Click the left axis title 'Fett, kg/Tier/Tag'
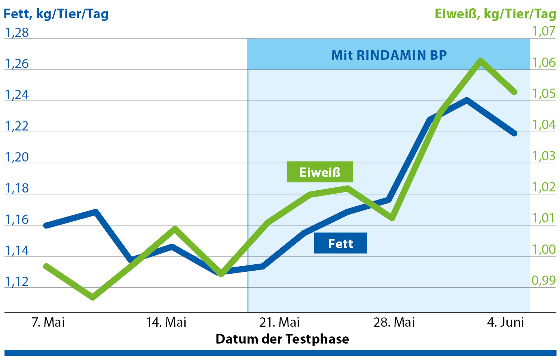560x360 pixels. click(x=56, y=14)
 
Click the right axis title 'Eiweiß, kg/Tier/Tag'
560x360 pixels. click(x=495, y=14)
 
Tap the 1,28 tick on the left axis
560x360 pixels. click(x=17, y=33)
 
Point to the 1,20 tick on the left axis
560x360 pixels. click(x=17, y=157)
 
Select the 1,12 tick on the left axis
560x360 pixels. click(x=17, y=281)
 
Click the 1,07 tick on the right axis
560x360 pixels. click(x=544, y=31)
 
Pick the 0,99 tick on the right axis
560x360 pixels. click(x=544, y=280)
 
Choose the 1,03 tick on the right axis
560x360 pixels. click(x=544, y=156)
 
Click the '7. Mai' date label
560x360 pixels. click(x=48, y=322)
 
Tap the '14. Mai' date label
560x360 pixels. click(x=166, y=322)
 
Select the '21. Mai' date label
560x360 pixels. click(x=279, y=322)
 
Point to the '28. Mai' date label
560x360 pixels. click(x=394, y=322)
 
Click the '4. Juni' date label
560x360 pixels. click(x=505, y=322)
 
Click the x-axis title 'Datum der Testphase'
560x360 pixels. click(x=282, y=339)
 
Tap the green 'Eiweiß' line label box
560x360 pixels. click(x=320, y=172)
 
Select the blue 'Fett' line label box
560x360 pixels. click(x=340, y=243)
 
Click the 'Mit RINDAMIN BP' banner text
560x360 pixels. click(x=389, y=55)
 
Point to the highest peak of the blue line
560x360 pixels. click(x=466, y=100)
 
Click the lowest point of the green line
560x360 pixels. click(x=93, y=298)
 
